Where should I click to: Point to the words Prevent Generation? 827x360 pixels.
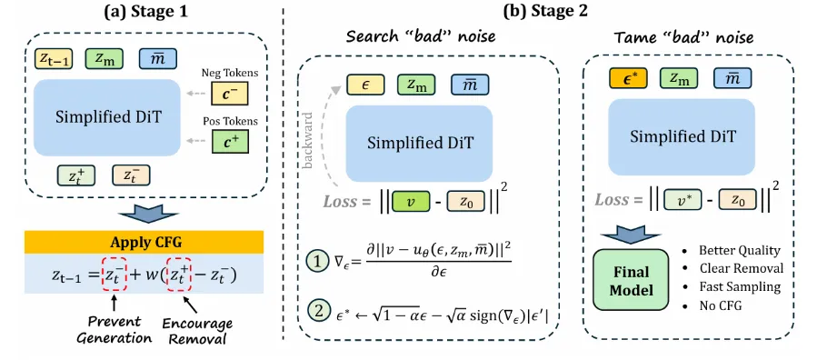[x=114, y=329]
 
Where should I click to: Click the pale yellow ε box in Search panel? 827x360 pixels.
[x=365, y=85]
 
